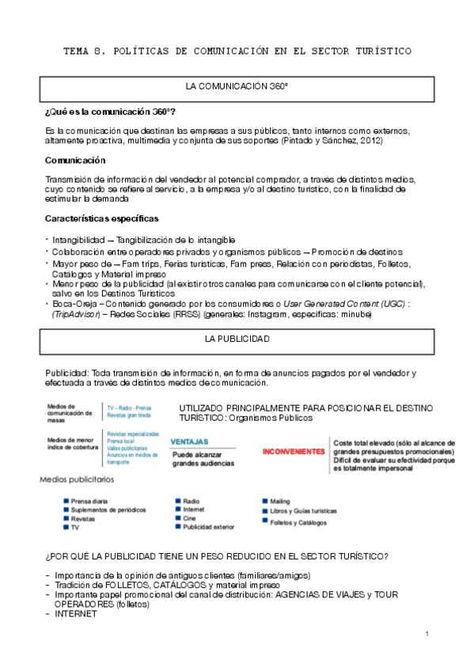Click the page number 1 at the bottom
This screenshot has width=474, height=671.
click(x=427, y=634)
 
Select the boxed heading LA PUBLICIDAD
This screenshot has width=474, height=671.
click(x=237, y=339)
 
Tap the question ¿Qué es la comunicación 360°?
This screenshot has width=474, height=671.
click(x=111, y=112)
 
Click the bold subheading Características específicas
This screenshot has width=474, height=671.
click(x=101, y=218)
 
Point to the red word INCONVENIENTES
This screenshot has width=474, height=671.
click(x=294, y=451)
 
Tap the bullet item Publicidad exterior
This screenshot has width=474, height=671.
click(x=208, y=526)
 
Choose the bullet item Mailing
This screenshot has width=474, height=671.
click(x=280, y=501)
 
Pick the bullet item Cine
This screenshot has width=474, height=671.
click(x=190, y=518)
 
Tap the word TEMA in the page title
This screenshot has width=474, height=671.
click(x=78, y=51)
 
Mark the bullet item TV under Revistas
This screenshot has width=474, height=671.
click(x=75, y=527)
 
